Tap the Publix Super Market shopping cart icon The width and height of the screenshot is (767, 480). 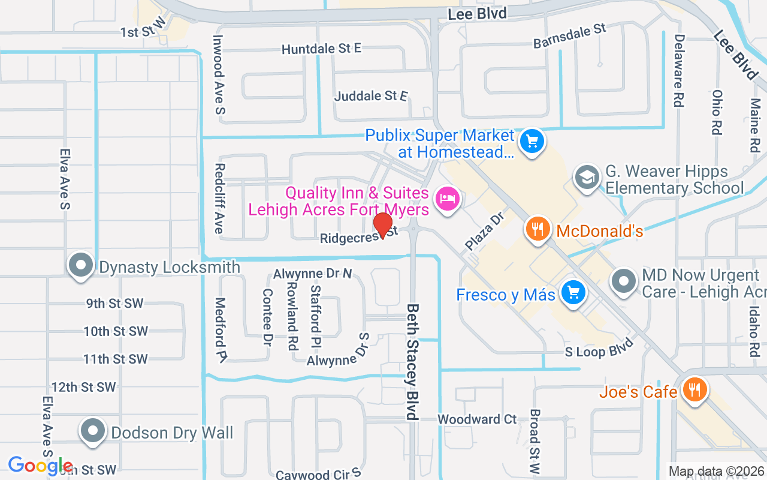click(x=531, y=142)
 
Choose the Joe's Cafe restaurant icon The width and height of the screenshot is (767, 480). click(x=694, y=391)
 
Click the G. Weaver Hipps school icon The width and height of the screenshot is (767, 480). click(x=587, y=178)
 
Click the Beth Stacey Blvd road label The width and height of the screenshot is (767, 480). click(x=412, y=361)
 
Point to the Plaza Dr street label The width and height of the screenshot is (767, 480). click(x=485, y=230)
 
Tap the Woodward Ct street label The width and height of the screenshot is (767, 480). click(x=477, y=419)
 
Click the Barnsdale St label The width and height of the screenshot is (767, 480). click(x=570, y=37)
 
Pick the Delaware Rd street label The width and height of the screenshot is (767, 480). click(x=679, y=70)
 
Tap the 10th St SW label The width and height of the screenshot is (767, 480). click(x=116, y=331)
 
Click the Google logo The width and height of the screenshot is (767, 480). click(x=40, y=466)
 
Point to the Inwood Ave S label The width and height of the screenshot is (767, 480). click(x=219, y=74)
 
